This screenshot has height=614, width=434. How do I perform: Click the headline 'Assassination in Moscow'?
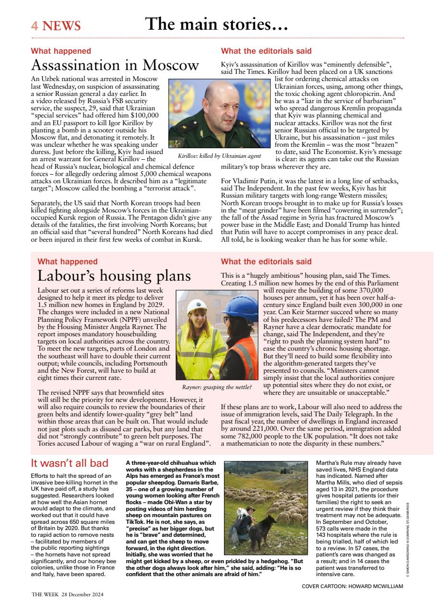(x=115, y=65)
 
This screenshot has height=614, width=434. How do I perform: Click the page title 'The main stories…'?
(x=216, y=24)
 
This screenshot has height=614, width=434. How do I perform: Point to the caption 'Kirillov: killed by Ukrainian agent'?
(x=219, y=156)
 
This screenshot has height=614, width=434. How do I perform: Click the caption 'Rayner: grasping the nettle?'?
(x=217, y=387)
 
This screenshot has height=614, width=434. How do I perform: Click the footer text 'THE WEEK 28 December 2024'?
(x=67, y=594)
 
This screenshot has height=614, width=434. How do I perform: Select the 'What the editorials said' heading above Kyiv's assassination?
(x=266, y=51)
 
